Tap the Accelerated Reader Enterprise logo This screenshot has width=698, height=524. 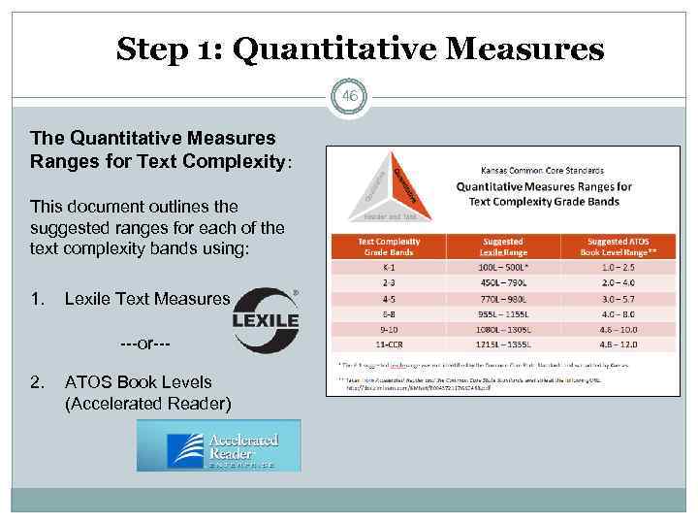[x=219, y=445]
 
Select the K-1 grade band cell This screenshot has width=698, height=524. [x=389, y=266]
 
